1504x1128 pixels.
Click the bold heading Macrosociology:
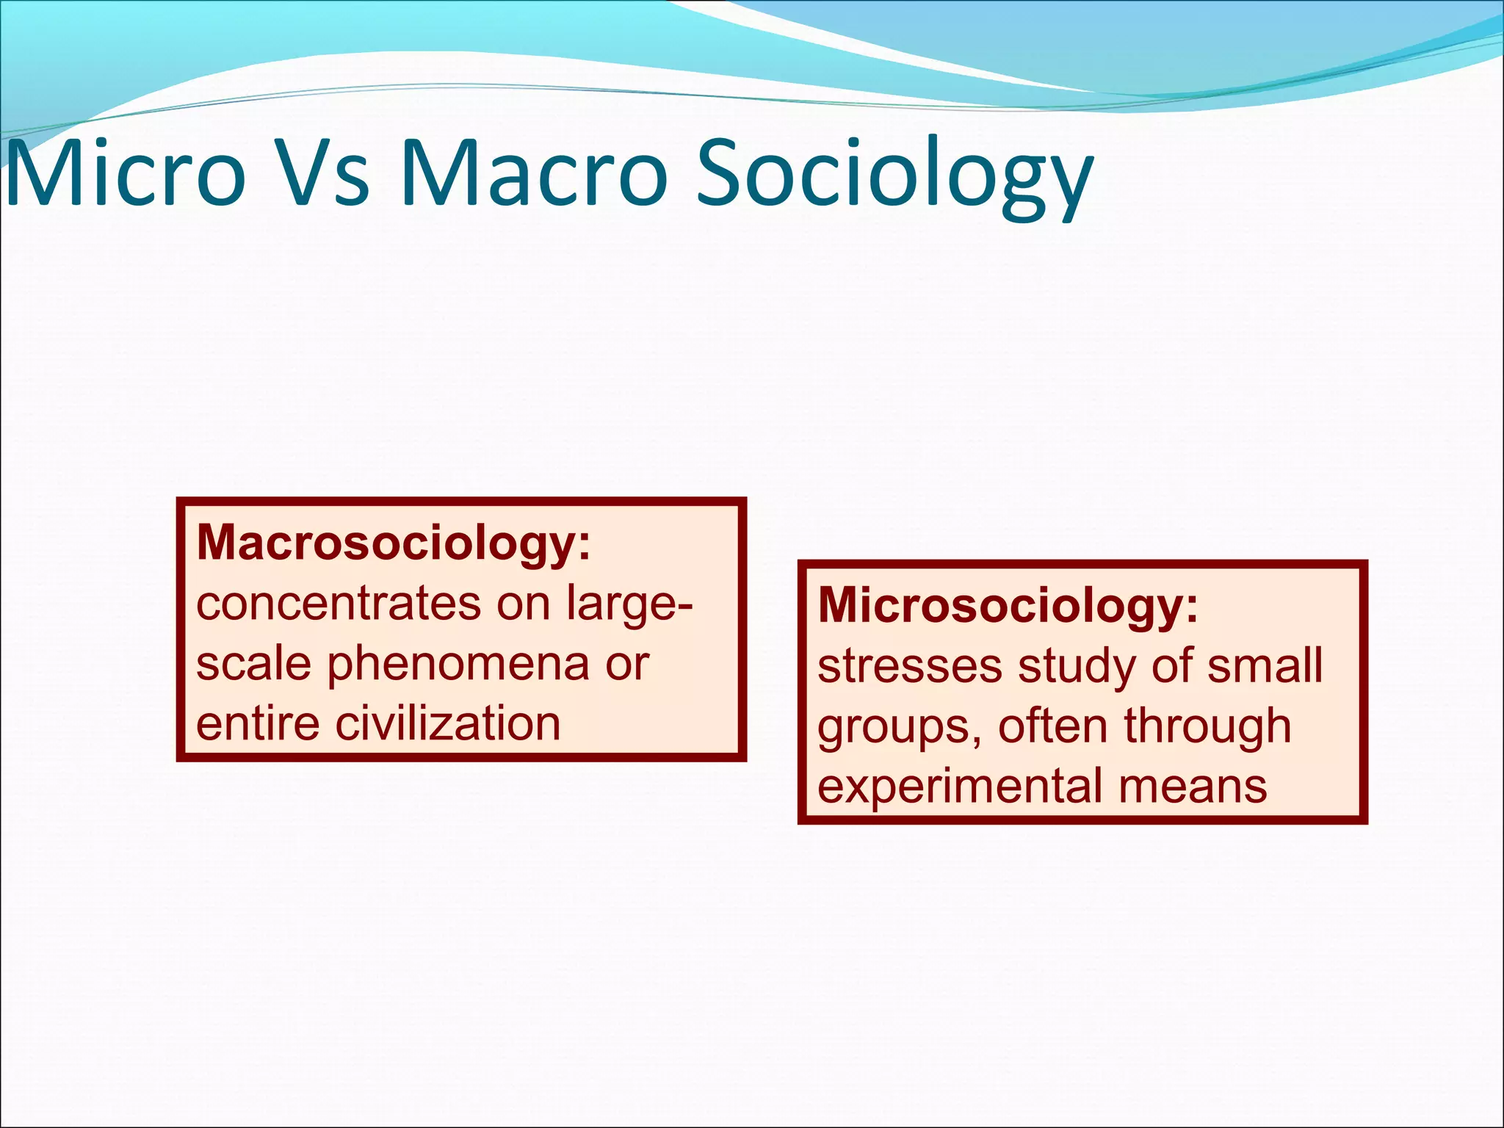tap(394, 543)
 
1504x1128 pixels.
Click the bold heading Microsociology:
tap(1008, 606)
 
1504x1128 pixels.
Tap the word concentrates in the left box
tap(338, 604)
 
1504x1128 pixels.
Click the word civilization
tap(448, 724)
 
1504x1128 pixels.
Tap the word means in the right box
tap(1193, 787)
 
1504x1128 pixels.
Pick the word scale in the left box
tap(253, 664)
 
